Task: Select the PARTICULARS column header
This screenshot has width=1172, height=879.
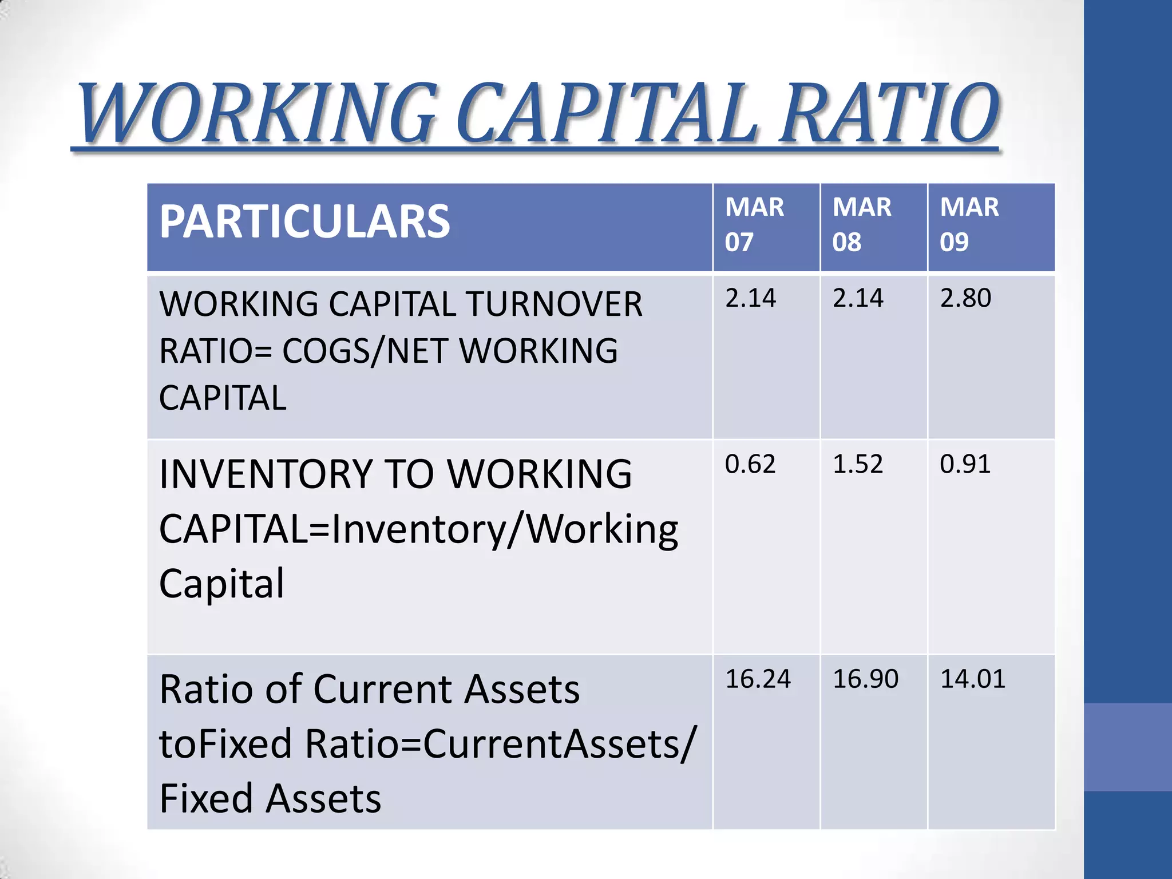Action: (304, 221)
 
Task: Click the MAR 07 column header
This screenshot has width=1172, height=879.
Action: (754, 224)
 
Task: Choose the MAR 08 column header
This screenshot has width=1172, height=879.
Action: (861, 224)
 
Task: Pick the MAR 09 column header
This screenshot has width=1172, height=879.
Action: (969, 224)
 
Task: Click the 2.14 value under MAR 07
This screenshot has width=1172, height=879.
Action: (750, 298)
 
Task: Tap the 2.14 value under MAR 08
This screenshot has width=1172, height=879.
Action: (858, 298)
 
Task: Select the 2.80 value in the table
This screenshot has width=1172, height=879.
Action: (965, 298)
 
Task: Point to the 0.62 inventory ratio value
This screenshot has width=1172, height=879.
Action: (750, 464)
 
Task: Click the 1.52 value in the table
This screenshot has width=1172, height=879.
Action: (858, 464)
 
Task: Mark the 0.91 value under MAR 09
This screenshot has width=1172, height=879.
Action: (965, 464)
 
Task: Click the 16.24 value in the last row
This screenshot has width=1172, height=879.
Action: (758, 679)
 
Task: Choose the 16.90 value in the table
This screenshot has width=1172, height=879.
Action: (865, 679)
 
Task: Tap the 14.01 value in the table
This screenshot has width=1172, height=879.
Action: (973, 679)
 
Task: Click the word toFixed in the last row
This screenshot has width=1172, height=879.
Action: (225, 744)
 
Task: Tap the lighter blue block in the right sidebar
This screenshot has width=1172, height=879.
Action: (1128, 747)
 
